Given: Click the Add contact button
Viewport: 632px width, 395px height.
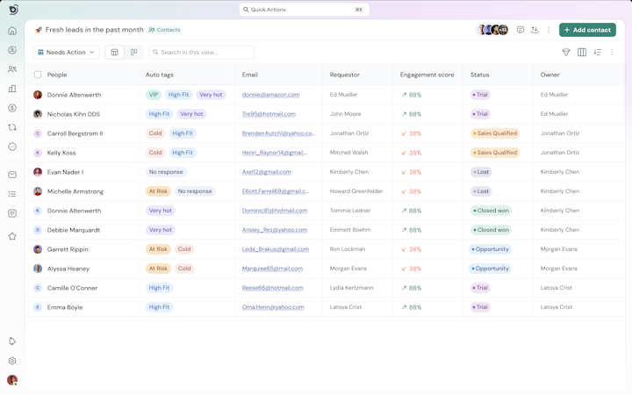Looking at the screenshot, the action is point(587,30).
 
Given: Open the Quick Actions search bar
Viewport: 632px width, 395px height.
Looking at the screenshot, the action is point(304,10).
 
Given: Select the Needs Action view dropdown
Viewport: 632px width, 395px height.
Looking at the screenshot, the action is point(67,53).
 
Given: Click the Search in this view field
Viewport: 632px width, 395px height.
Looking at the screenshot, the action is point(202,53).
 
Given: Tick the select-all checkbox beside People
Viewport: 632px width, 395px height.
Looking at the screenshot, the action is point(38,75).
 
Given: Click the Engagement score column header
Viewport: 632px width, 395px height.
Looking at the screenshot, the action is point(427,75).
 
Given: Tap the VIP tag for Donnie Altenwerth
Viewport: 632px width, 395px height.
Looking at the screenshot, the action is point(154,95).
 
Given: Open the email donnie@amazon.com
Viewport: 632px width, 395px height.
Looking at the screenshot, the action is point(270,95).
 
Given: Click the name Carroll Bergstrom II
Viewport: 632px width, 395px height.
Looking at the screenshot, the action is point(75,133).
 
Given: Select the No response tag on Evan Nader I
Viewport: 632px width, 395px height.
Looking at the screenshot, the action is point(166,172).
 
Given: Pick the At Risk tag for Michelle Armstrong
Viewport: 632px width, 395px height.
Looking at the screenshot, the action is point(158,191).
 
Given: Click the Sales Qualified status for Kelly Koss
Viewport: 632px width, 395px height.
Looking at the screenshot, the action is point(495,153).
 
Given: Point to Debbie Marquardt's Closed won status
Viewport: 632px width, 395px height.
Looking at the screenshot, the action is point(491,230).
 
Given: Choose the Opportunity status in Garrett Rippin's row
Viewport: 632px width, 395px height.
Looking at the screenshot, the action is point(490,249).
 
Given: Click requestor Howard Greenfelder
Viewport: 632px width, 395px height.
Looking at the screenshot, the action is point(356,191).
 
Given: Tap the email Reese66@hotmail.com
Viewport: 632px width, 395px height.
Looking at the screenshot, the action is point(272,288).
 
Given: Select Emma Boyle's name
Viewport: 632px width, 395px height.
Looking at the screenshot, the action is point(65,307).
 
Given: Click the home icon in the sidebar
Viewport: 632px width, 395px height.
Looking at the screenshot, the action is point(12,31).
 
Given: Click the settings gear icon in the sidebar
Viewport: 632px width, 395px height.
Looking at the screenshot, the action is point(12,361).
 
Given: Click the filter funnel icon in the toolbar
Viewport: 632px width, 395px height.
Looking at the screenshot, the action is point(566,53).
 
